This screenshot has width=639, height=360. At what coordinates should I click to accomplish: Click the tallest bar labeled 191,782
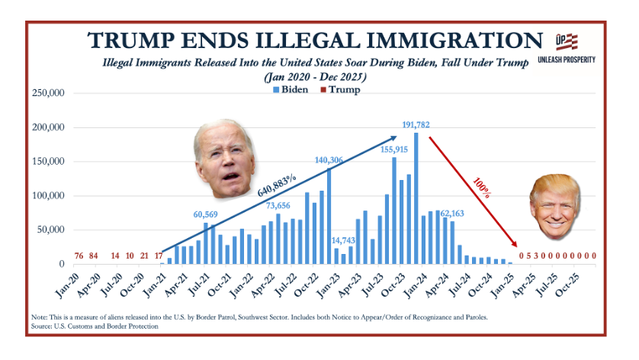(x=416, y=198)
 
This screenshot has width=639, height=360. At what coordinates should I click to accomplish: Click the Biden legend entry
(x=291, y=89)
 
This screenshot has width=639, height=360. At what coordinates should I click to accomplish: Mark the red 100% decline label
(x=480, y=186)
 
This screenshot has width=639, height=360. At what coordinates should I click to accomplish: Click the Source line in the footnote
(x=95, y=326)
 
